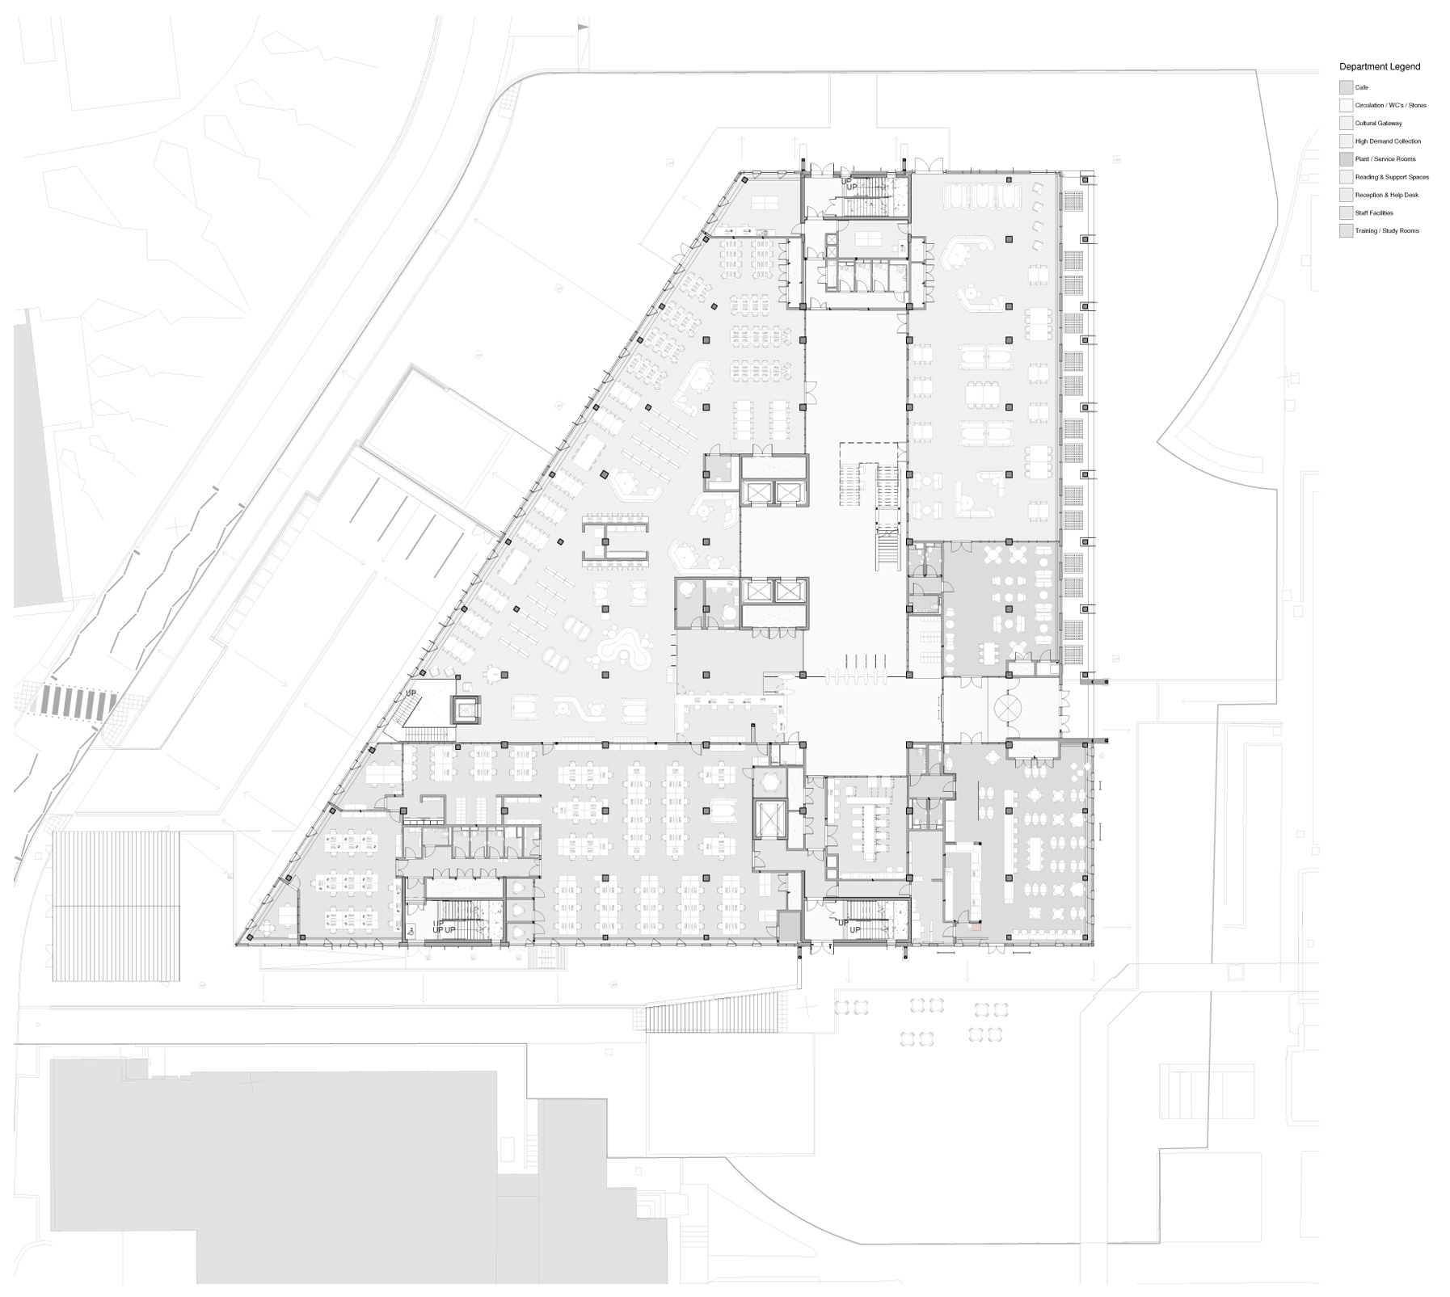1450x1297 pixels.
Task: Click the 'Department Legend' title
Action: [x=1379, y=67]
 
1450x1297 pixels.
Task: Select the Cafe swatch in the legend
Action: [x=1346, y=87]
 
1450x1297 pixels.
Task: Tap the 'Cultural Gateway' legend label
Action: [x=1378, y=124]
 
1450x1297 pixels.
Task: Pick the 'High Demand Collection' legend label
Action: [x=1388, y=141]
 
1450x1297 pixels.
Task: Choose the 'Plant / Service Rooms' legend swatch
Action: [x=1346, y=159]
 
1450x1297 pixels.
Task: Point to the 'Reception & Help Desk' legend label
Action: [x=1386, y=196]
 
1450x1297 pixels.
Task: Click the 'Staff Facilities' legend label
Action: [x=1374, y=213]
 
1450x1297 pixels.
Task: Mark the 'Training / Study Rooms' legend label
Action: [x=1387, y=231]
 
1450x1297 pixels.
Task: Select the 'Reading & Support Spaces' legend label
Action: [x=1392, y=177]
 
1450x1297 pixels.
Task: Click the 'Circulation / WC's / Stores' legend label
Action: [x=1390, y=105]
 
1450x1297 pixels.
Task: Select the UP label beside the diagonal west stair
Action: [x=411, y=693]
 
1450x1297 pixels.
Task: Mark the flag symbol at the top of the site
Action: [x=581, y=27]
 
